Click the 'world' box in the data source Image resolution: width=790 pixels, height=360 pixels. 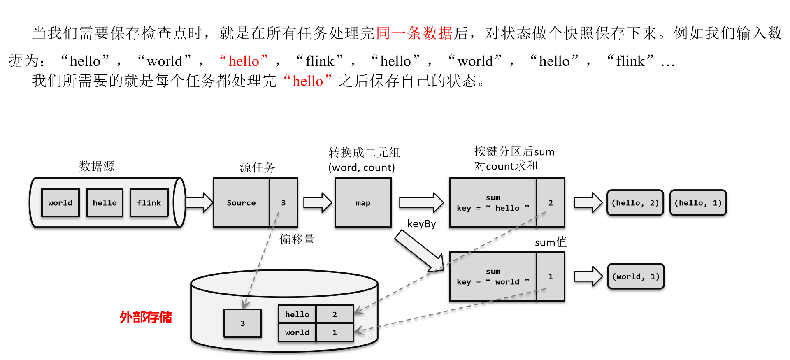coord(60,202)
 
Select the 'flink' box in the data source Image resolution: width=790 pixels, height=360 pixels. coord(149,202)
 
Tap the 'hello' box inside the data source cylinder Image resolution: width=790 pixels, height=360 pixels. coord(105,202)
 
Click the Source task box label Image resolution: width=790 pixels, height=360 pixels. coord(241,202)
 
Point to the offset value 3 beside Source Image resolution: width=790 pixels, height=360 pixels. coord(283,202)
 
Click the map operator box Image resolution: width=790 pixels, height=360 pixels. coord(363,203)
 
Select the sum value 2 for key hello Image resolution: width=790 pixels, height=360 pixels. coord(551,202)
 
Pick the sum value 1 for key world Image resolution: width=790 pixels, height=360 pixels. coord(551,276)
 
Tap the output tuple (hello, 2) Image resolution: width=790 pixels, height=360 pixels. coord(635,202)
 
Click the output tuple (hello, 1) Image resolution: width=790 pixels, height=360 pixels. coord(698,202)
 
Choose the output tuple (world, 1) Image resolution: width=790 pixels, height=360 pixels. coord(636,276)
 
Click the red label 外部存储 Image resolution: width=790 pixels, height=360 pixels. coord(146,317)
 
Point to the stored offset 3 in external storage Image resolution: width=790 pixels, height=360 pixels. coord(243,323)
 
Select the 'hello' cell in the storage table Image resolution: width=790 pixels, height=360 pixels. coord(297,314)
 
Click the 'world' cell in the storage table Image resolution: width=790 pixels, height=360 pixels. coord(297,332)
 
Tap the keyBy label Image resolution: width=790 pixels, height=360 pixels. coord(421,224)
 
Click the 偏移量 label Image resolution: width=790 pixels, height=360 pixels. coord(297,239)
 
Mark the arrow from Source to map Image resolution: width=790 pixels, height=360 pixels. coord(317,202)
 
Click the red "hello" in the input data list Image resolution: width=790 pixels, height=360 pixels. coord(244,61)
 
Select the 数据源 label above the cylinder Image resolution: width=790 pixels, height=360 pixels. coord(97,166)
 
